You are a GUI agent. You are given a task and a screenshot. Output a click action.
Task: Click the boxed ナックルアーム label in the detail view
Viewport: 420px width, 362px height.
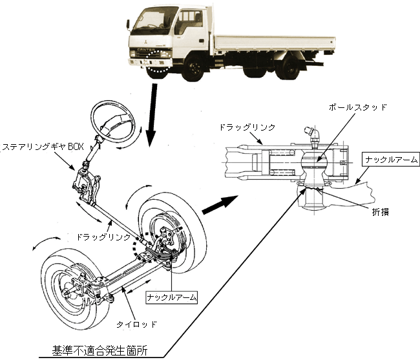[x=392, y=158]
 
